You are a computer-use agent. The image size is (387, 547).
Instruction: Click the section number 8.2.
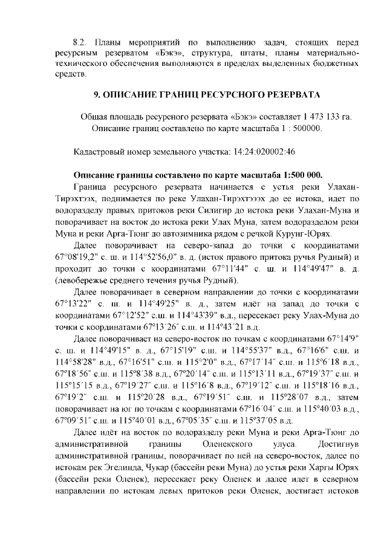coord(80,43)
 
